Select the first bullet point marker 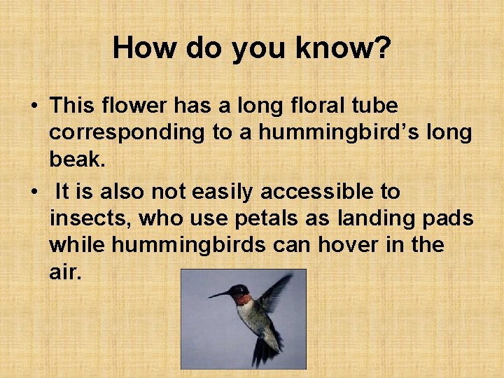34,107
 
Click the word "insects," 91,218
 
